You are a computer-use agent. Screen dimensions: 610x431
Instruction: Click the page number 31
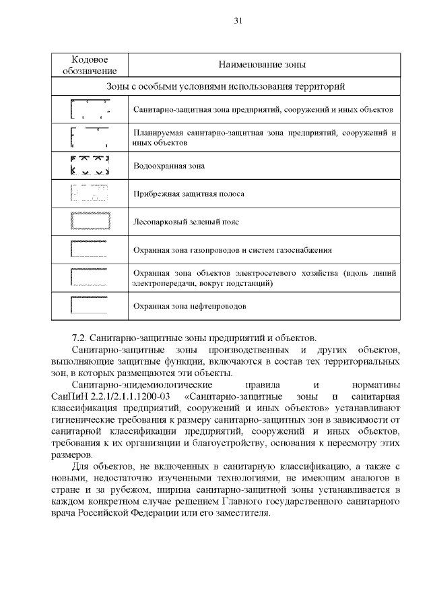pos(238,21)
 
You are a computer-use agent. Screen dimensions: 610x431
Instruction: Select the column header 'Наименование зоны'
pos(262,65)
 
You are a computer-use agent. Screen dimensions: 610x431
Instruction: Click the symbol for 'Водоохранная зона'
pos(90,165)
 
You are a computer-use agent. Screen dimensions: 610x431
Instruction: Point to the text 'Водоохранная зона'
pos(168,165)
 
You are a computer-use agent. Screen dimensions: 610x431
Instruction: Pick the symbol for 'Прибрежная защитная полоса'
pos(90,193)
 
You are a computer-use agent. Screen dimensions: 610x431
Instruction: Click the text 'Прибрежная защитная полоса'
pos(189,193)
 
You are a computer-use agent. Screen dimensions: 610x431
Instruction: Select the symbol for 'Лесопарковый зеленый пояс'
pos(90,221)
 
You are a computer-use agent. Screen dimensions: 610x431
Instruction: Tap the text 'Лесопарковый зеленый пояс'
pos(186,221)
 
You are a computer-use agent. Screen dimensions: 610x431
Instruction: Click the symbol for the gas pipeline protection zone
pos(90,249)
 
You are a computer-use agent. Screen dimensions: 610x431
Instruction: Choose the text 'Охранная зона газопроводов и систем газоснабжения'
pos(232,250)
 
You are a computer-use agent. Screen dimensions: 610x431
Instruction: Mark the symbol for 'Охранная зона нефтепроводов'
pos(90,305)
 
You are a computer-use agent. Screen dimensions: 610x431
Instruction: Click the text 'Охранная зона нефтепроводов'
pos(190,306)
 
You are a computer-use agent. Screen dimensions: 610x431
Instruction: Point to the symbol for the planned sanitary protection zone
pos(90,138)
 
